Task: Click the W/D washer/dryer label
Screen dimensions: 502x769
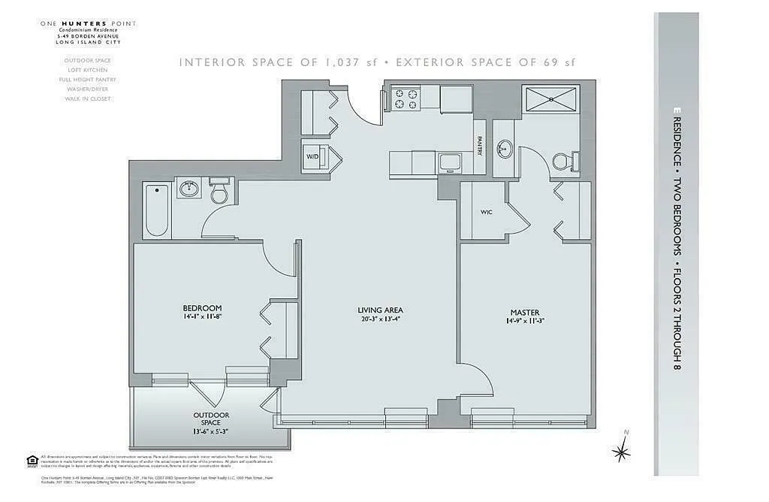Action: coord(312,157)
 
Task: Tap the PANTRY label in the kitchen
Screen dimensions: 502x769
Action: coord(479,144)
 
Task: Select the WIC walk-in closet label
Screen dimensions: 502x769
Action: coord(486,212)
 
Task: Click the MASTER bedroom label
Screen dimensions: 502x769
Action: coord(524,313)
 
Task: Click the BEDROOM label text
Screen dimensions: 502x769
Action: coord(202,308)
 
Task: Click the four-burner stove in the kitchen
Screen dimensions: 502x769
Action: coord(406,99)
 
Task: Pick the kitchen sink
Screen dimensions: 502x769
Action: coord(451,161)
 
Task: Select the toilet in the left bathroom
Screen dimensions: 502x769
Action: coord(220,193)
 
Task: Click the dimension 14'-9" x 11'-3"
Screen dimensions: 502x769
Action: coord(524,322)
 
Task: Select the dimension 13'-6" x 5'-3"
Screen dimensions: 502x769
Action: coord(211,431)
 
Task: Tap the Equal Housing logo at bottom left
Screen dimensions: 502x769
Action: coord(32,461)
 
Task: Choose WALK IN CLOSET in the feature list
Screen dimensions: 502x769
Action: coord(87,98)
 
